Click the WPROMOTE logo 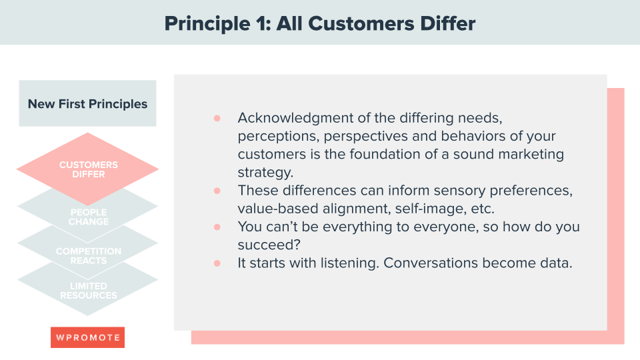pos(87,337)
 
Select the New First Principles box pos(87,104)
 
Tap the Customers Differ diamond pos(87,169)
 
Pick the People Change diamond pos(87,217)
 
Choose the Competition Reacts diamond pos(87,255)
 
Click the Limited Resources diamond pos(87,291)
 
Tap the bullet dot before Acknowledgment pos(217,118)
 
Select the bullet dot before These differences pos(217,191)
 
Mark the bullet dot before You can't pos(217,227)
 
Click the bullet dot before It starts pos(217,263)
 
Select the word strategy pos(264,172)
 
